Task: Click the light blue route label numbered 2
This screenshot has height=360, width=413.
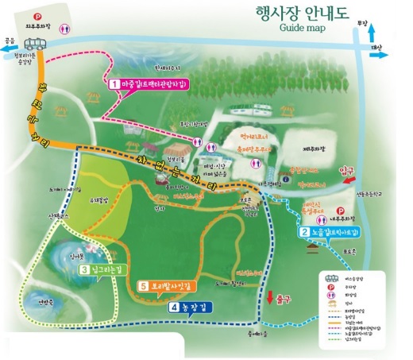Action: (x=331, y=232)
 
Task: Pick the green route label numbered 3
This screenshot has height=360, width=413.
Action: (x=107, y=269)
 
